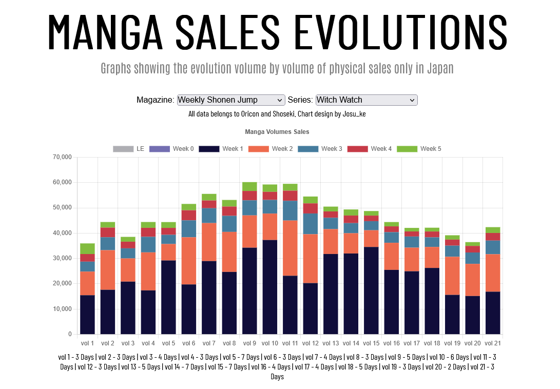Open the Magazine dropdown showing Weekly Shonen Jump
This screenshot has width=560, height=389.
(230, 100)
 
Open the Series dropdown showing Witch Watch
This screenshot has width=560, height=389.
(366, 100)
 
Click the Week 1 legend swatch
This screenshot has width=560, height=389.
(208, 149)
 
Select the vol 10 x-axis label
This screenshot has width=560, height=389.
(269, 343)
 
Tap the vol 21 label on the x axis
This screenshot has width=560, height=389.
(492, 343)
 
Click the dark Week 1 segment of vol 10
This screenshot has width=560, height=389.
(269, 287)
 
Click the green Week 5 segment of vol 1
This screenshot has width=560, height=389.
(87, 248)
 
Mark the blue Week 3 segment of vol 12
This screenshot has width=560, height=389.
(310, 223)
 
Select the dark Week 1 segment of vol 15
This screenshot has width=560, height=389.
(371, 290)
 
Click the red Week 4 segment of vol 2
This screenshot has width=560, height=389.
(108, 232)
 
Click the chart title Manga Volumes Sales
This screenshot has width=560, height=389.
(277, 132)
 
